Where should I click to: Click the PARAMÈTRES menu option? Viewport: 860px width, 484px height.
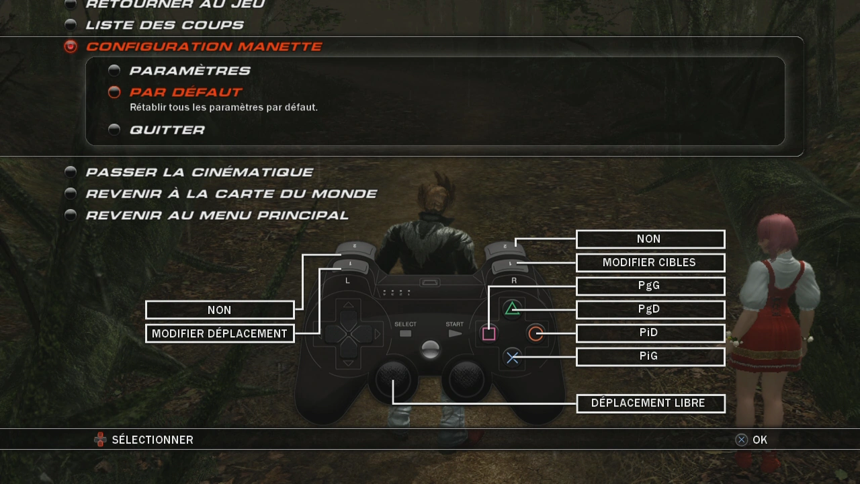pos(189,71)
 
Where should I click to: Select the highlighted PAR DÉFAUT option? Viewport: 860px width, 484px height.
pos(185,92)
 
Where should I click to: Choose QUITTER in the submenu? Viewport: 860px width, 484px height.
pos(167,130)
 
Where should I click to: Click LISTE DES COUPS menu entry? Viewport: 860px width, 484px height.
pos(164,25)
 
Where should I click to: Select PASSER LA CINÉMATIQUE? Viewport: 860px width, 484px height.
pos(199,172)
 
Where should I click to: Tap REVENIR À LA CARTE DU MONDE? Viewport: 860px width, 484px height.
pos(230,194)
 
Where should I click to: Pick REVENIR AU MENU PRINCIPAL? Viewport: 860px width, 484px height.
pos(216,215)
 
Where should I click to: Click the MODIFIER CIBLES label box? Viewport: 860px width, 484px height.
pos(650,262)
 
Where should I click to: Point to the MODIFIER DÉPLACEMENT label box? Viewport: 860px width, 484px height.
pos(220,333)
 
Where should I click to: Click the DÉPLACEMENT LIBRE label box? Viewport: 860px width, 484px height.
pos(650,403)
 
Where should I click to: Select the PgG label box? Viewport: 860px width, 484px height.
pos(650,286)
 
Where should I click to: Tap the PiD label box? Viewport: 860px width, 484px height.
pos(650,333)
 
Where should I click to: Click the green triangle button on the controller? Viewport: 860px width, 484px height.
pos(513,309)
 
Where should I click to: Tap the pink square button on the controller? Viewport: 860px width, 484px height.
pos(489,333)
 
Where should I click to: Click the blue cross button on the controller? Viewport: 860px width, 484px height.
pos(513,358)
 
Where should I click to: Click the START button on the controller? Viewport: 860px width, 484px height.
pos(455,333)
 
